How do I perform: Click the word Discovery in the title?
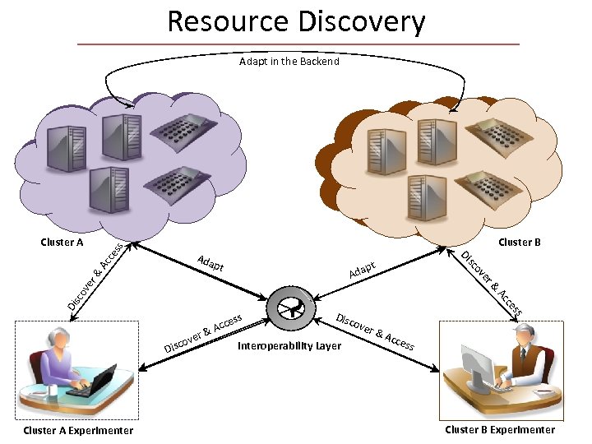click(x=362, y=21)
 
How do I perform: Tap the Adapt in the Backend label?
click(x=289, y=62)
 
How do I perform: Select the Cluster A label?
click(x=62, y=243)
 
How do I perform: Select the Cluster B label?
click(x=520, y=243)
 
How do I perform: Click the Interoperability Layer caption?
click(x=289, y=346)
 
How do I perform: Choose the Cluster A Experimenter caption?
click(x=78, y=430)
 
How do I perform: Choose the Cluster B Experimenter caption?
click(x=500, y=429)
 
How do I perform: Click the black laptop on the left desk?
click(x=91, y=382)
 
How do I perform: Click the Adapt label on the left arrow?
click(x=211, y=264)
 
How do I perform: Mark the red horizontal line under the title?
click(x=298, y=44)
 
